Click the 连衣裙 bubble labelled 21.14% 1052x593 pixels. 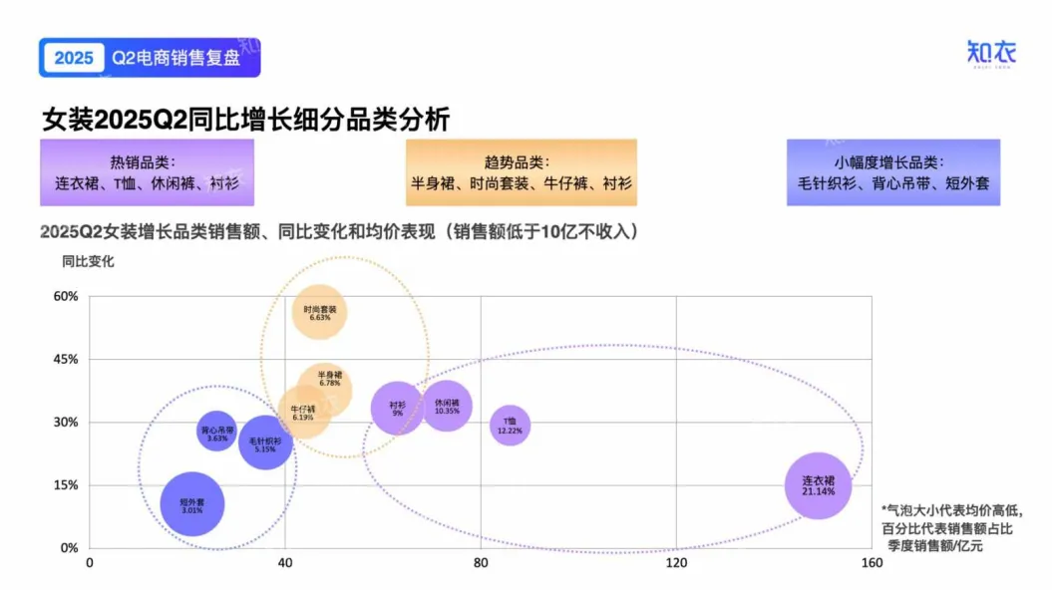click(818, 485)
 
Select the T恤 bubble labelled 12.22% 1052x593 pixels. click(510, 426)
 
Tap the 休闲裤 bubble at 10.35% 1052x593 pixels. click(447, 407)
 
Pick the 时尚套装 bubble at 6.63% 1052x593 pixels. click(320, 312)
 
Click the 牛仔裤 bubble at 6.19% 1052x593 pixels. click(303, 413)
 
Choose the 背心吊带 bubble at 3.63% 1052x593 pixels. click(217, 432)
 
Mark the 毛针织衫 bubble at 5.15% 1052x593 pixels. click(265, 443)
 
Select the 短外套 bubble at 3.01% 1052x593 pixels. click(191, 504)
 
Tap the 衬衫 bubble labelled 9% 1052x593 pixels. click(397, 408)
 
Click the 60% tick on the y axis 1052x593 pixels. click(66, 297)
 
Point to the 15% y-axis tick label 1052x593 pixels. click(66, 485)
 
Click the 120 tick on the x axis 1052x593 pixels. click(676, 564)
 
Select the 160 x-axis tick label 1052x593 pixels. click(872, 564)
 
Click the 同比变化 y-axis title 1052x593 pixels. click(88, 262)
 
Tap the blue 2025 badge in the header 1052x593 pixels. click(73, 58)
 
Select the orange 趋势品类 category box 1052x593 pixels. click(522, 172)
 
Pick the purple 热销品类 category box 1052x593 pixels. click(147, 172)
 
